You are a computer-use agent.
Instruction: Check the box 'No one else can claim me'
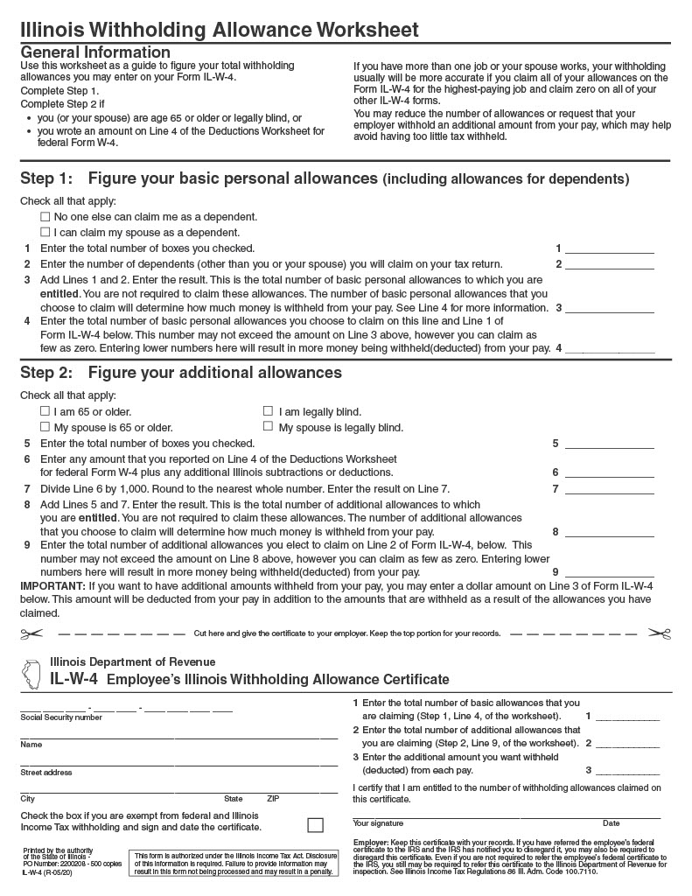coord(45,216)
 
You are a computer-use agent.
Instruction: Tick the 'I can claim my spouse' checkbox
coord(45,232)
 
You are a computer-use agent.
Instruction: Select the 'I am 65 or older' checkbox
coord(45,411)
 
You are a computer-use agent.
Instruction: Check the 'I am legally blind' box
coord(269,411)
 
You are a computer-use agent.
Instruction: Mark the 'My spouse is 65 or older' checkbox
coord(45,427)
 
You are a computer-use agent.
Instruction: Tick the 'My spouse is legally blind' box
coord(269,427)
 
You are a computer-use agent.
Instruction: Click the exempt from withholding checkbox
coord(315,824)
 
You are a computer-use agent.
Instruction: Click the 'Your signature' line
coord(472,815)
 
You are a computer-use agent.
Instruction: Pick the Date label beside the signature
coord(611,823)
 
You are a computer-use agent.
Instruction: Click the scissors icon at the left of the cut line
coord(31,633)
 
